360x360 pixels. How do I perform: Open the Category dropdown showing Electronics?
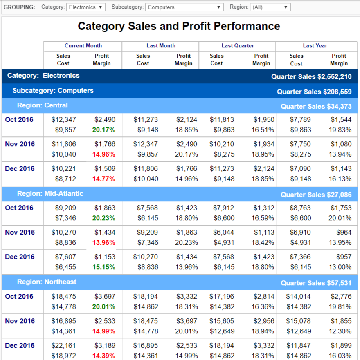click(86, 7)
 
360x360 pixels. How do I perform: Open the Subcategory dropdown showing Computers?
click(184, 7)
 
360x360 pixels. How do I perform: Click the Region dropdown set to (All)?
click(270, 7)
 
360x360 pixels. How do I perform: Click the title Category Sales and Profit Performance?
click(179, 27)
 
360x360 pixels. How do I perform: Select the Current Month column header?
click(83, 46)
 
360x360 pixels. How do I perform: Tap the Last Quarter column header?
click(238, 46)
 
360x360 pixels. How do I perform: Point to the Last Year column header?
click(315, 46)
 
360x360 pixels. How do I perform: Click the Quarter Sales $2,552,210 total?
click(311, 77)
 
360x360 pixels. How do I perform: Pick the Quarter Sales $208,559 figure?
click(314, 92)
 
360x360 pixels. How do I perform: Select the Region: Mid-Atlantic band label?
click(50, 194)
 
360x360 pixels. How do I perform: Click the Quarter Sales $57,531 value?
click(316, 283)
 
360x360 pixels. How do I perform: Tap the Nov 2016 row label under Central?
click(19, 144)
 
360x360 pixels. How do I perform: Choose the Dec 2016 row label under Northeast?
click(19, 346)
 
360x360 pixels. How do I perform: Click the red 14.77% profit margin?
click(104, 179)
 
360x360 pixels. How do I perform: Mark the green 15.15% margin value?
click(104, 267)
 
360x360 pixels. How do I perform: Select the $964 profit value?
click(343, 233)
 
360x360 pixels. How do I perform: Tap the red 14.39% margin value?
click(104, 356)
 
